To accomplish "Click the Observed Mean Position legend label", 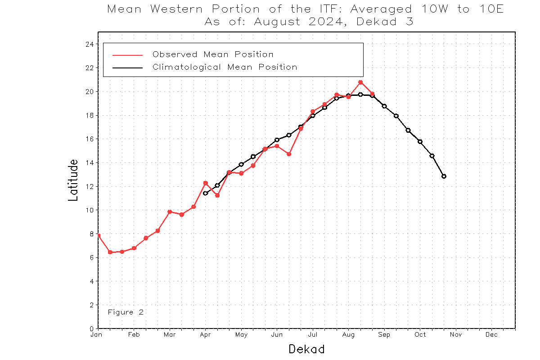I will pos(213,54).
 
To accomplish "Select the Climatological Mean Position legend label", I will pos(225,67).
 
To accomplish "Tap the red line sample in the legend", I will pos(127,55).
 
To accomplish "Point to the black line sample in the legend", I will pos(127,67).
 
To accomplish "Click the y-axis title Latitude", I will pos(73,180).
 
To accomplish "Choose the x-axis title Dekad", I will pos(306,349).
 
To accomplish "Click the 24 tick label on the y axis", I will pos(89,44).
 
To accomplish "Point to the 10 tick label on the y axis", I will pos(89,210).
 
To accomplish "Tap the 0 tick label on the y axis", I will pos(91,328).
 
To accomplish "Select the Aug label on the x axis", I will pos(348,335).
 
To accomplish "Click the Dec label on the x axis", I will pos(491,335).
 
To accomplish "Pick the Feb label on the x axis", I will pos(134,335).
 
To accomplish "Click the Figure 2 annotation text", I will pos(126,312).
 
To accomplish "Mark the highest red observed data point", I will pos(360,82).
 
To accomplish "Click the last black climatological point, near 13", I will pos(444,176).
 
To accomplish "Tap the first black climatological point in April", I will pos(205,193).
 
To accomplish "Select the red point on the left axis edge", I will pos(99,235).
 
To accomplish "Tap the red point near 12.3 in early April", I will pos(205,183).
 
